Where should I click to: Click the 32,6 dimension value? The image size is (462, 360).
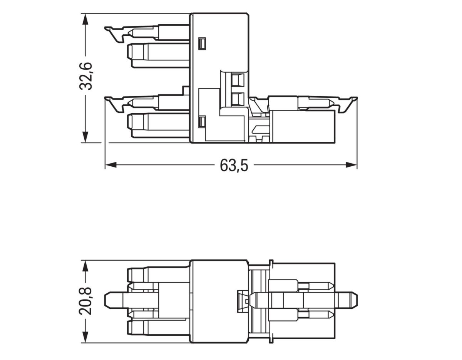[x=85, y=75]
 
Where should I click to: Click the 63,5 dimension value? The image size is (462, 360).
[x=234, y=166]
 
